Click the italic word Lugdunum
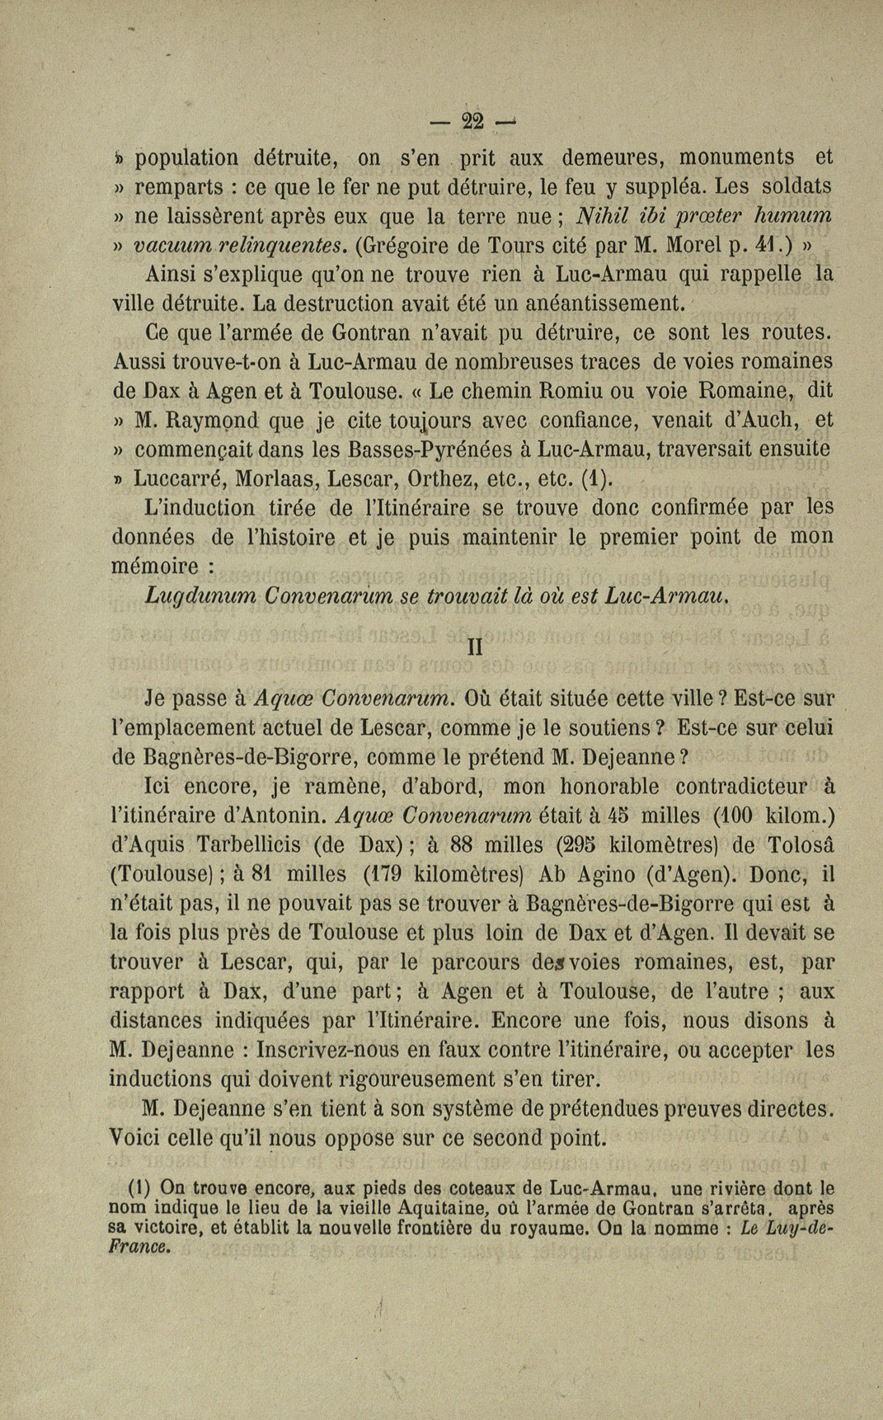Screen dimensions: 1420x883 [191, 595]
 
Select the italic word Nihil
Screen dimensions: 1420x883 [606, 216]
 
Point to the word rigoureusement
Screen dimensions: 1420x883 [463, 1079]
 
